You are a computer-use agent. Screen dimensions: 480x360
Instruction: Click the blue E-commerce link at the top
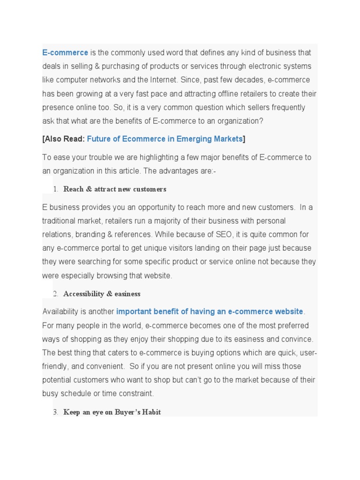[65, 52]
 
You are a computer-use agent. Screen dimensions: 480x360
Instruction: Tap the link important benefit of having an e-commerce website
[210, 312]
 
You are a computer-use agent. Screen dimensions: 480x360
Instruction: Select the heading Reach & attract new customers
[114, 189]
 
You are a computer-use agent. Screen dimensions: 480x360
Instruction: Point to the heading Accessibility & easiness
[102, 294]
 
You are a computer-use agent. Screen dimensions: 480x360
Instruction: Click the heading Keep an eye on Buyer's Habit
[112, 412]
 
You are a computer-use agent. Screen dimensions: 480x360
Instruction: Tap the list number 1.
[55, 189]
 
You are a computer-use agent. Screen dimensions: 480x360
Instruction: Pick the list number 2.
[55, 294]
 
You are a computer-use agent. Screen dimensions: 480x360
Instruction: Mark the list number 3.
[55, 412]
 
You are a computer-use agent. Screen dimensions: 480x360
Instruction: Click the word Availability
[61, 312]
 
